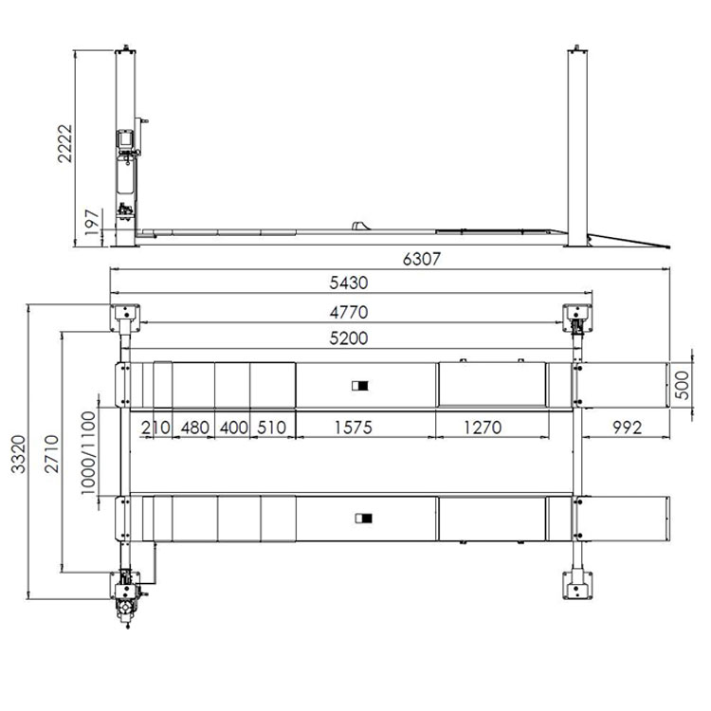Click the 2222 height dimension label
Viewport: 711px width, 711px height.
[65, 144]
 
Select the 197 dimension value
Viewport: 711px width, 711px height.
[92, 222]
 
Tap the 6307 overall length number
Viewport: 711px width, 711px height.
[421, 260]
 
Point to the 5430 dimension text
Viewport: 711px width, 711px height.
[348, 283]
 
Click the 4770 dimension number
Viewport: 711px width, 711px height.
[349, 313]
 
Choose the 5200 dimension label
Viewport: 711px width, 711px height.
[348, 338]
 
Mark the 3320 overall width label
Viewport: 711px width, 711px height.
[19, 454]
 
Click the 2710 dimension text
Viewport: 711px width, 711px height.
[52, 454]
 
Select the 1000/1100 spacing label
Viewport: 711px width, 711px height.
[88, 452]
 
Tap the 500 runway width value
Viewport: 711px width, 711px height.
[682, 385]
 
